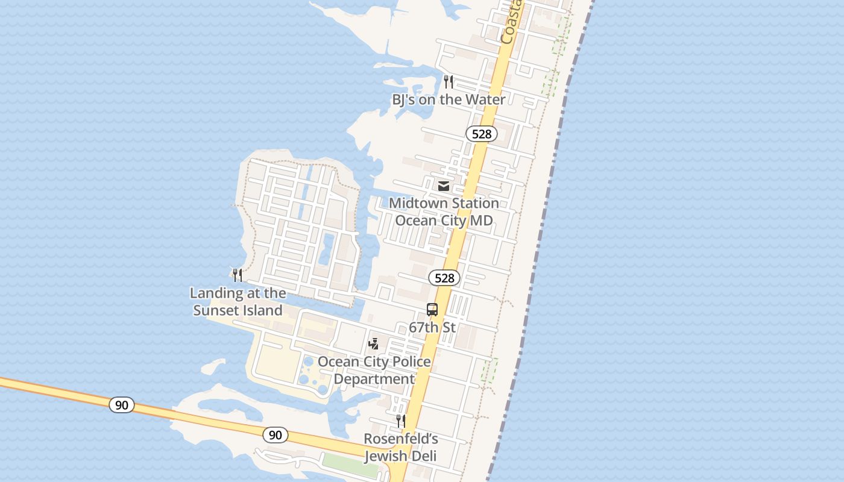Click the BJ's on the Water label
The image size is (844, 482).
click(x=449, y=99)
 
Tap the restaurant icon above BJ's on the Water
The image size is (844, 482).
click(x=448, y=82)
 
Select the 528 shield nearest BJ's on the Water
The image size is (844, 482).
click(x=482, y=134)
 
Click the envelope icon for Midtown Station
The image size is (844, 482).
click(x=444, y=186)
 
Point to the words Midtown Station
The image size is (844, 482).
click(x=444, y=204)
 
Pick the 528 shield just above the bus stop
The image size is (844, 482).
click(x=444, y=278)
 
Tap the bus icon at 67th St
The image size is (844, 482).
click(x=432, y=310)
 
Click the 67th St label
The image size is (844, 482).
click(x=432, y=328)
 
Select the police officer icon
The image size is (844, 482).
click(x=374, y=344)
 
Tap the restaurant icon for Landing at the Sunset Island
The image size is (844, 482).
click(x=238, y=275)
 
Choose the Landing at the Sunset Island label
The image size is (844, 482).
click(x=238, y=302)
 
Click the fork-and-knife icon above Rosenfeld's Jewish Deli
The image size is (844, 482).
click(x=400, y=421)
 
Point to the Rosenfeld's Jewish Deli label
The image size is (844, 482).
click(x=400, y=447)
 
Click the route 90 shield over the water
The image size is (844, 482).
click(x=122, y=405)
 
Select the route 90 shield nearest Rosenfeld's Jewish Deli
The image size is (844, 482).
click(x=276, y=434)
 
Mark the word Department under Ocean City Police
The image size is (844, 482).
click(x=374, y=379)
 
